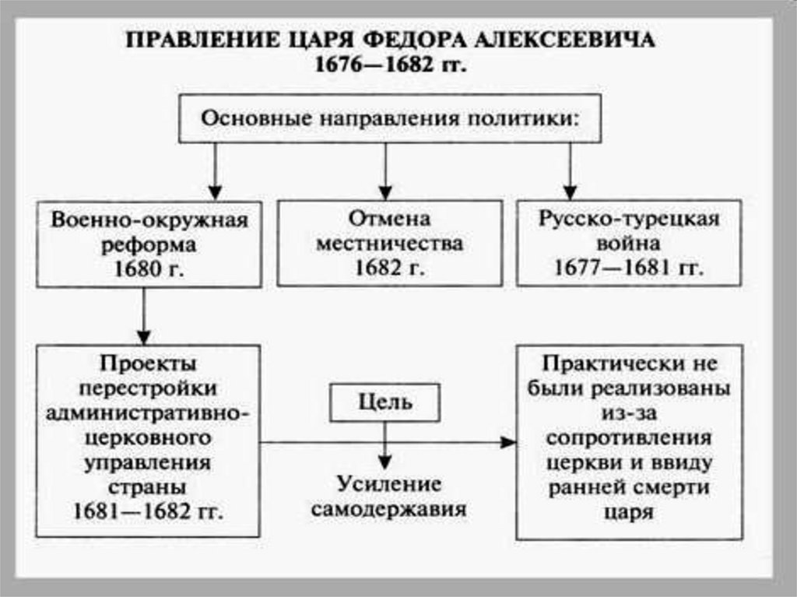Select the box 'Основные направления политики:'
point(390,119)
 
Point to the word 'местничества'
point(390,244)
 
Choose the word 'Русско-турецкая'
point(628,219)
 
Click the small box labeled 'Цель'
point(385,403)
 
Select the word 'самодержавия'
point(389,511)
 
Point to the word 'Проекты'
point(147,363)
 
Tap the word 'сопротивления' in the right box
point(629,437)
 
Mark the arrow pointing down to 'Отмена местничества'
point(384,171)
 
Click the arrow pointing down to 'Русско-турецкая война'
point(571,171)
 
